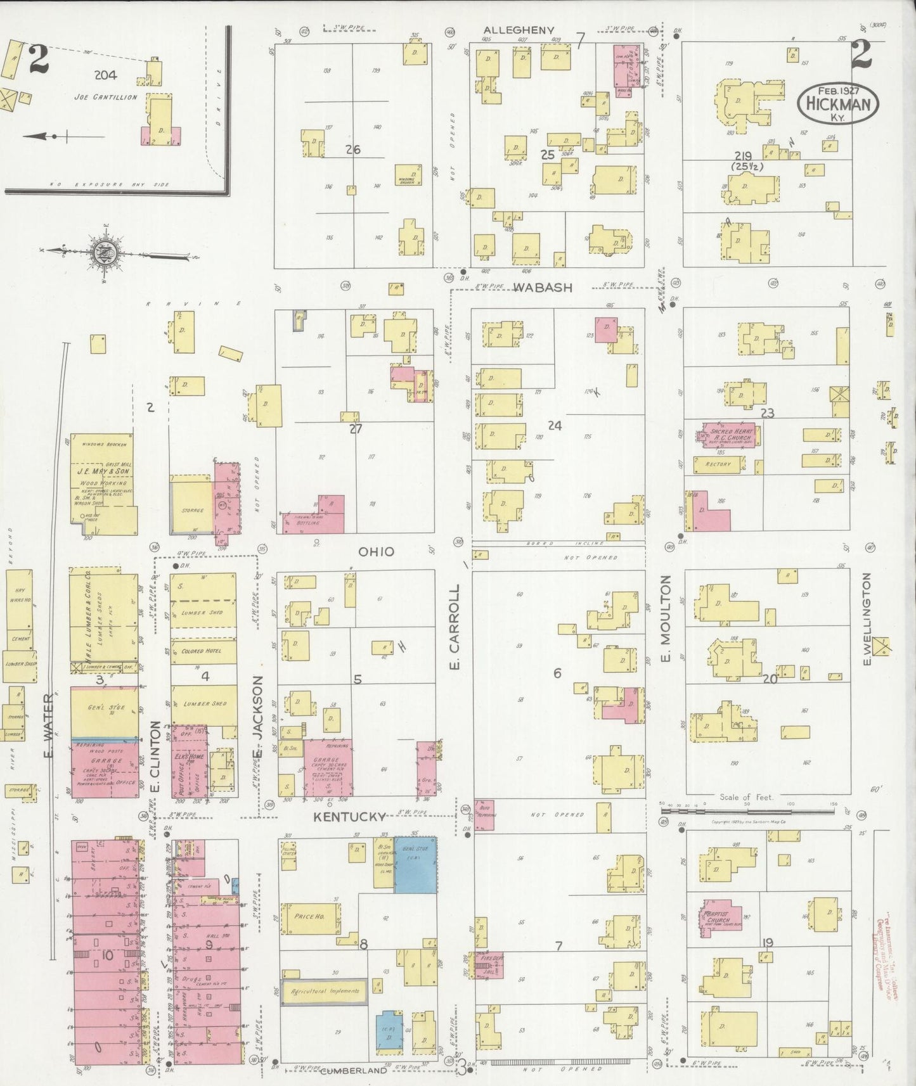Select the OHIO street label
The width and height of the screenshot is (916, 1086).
[x=377, y=551]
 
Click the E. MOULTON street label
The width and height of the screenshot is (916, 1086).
[x=666, y=620]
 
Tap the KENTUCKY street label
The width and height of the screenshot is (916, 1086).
[x=350, y=817]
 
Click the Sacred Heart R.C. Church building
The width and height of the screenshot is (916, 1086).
[x=728, y=436]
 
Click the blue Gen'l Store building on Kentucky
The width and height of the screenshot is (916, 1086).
[x=415, y=865]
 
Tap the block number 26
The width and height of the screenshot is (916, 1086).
[x=353, y=150]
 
